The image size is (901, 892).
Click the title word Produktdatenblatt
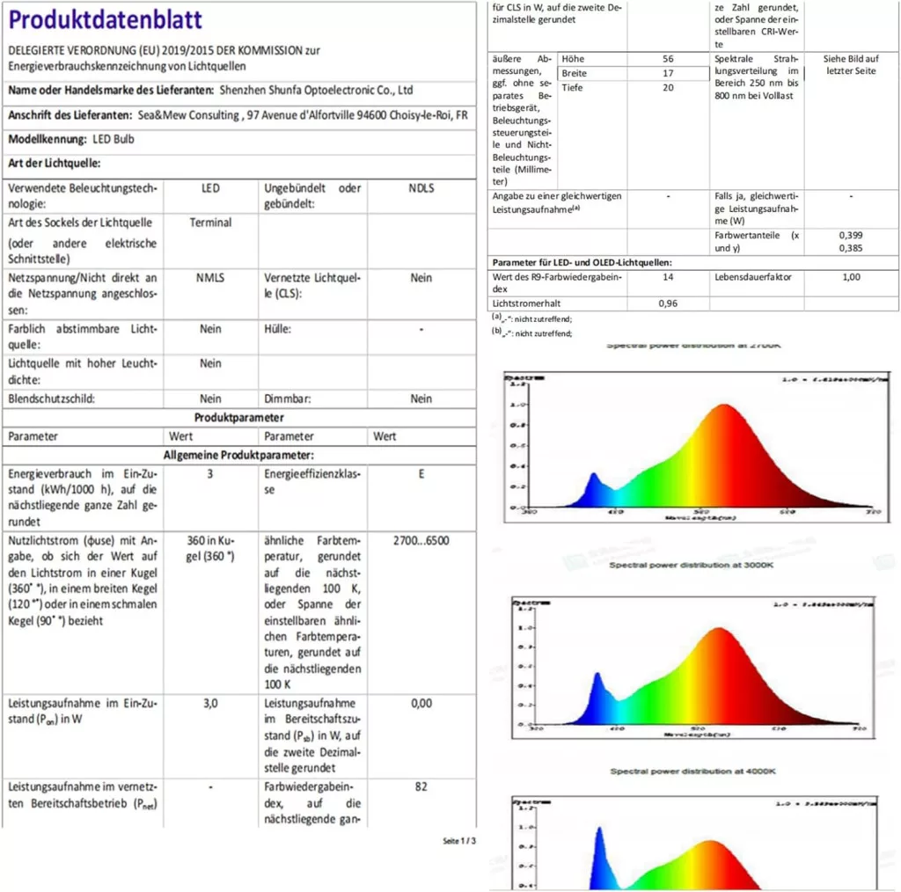(x=106, y=19)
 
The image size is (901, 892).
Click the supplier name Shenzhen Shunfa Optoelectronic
(x=317, y=90)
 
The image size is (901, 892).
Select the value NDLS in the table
(x=421, y=188)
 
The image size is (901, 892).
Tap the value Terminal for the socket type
(x=210, y=223)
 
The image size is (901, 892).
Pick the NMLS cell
(x=210, y=278)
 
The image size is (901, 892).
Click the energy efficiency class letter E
(x=421, y=473)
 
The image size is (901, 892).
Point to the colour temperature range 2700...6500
(x=421, y=540)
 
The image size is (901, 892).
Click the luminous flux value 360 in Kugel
(x=210, y=548)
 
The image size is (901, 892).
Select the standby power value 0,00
(x=421, y=703)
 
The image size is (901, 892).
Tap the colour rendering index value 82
(x=421, y=786)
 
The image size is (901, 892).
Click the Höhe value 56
(x=668, y=59)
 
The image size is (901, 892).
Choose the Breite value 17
(x=668, y=73)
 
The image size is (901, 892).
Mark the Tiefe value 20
(x=668, y=88)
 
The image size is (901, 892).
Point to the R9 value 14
(x=668, y=277)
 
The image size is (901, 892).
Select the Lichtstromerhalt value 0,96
(x=668, y=303)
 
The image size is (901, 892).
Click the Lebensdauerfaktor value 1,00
(x=851, y=277)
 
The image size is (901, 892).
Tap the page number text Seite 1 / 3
(x=459, y=841)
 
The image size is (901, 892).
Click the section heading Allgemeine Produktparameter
(x=238, y=455)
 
